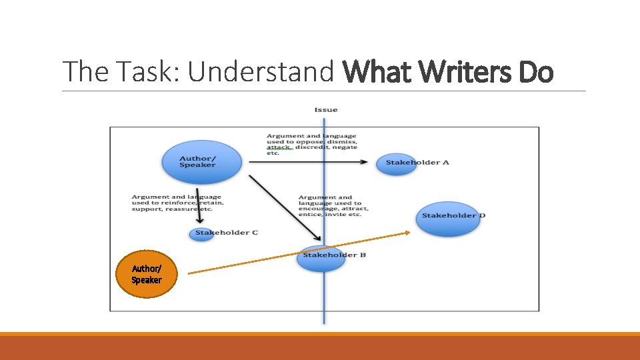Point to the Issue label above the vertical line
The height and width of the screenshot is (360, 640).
pyautogui.click(x=326, y=110)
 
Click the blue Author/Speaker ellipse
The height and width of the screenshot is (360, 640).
pyautogui.click(x=201, y=162)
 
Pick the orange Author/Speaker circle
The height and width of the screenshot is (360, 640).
pyautogui.click(x=146, y=274)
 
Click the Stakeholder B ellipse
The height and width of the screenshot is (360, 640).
pyautogui.click(x=321, y=259)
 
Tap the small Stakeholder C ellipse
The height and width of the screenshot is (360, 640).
pyautogui.click(x=201, y=234)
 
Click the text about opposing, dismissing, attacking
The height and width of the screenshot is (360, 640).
pyautogui.click(x=311, y=145)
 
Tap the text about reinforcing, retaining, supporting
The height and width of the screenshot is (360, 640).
pyautogui.click(x=177, y=203)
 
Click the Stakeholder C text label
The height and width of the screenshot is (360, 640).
pyautogui.click(x=227, y=233)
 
